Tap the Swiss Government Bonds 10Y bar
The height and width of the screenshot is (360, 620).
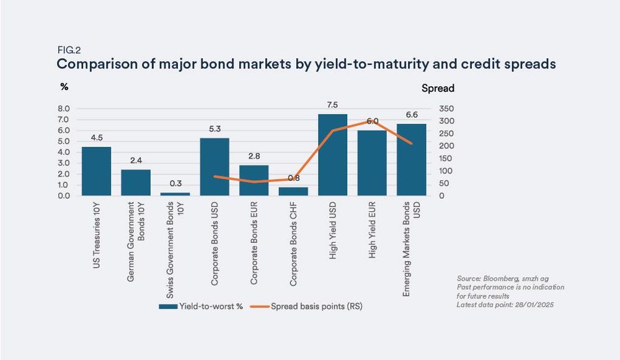tap(175, 193)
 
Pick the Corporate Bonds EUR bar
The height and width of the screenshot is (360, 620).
tap(254, 180)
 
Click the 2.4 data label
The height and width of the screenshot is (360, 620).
tap(135, 160)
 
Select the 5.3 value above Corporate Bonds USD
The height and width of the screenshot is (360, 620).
tap(215, 128)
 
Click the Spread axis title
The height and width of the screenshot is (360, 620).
tap(438, 88)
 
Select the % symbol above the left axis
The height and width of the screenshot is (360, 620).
tap(64, 87)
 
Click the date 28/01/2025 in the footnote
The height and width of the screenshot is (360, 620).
tap(546, 304)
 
